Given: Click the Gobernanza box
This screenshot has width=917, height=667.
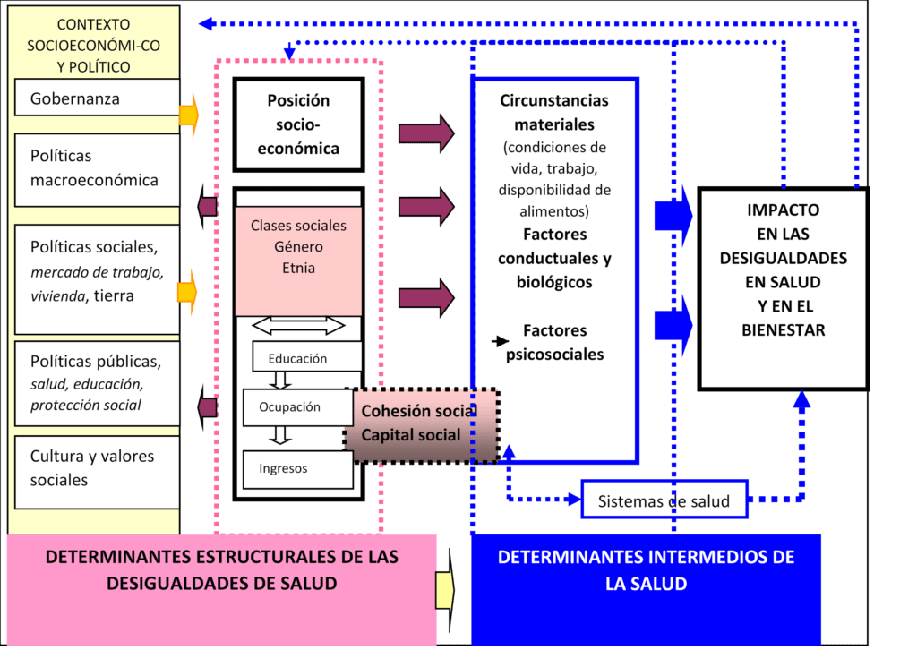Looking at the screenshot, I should click(97, 98).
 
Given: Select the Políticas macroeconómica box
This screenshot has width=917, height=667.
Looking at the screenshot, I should click(97, 168).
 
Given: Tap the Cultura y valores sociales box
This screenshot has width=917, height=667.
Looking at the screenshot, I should click(97, 468).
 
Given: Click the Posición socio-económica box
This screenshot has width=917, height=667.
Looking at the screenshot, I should click(298, 124).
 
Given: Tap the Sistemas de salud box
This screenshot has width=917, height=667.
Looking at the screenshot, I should click(664, 500).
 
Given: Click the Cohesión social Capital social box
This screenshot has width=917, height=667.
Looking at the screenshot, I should click(421, 424).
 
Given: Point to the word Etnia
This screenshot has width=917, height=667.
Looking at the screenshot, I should click(298, 267).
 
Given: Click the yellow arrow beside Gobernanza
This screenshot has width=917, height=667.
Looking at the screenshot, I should click(189, 115).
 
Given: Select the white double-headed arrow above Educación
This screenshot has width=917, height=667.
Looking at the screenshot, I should click(298, 324).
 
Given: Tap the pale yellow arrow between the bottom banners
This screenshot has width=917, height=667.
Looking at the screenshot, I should click(445, 588).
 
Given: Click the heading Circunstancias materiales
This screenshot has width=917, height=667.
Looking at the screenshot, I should click(553, 113).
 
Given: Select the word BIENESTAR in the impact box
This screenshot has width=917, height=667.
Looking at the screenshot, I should click(784, 330).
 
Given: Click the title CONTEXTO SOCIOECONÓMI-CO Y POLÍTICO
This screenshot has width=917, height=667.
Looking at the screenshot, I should click(93, 45).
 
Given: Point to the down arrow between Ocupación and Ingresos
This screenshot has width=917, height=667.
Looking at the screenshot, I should click(281, 435).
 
